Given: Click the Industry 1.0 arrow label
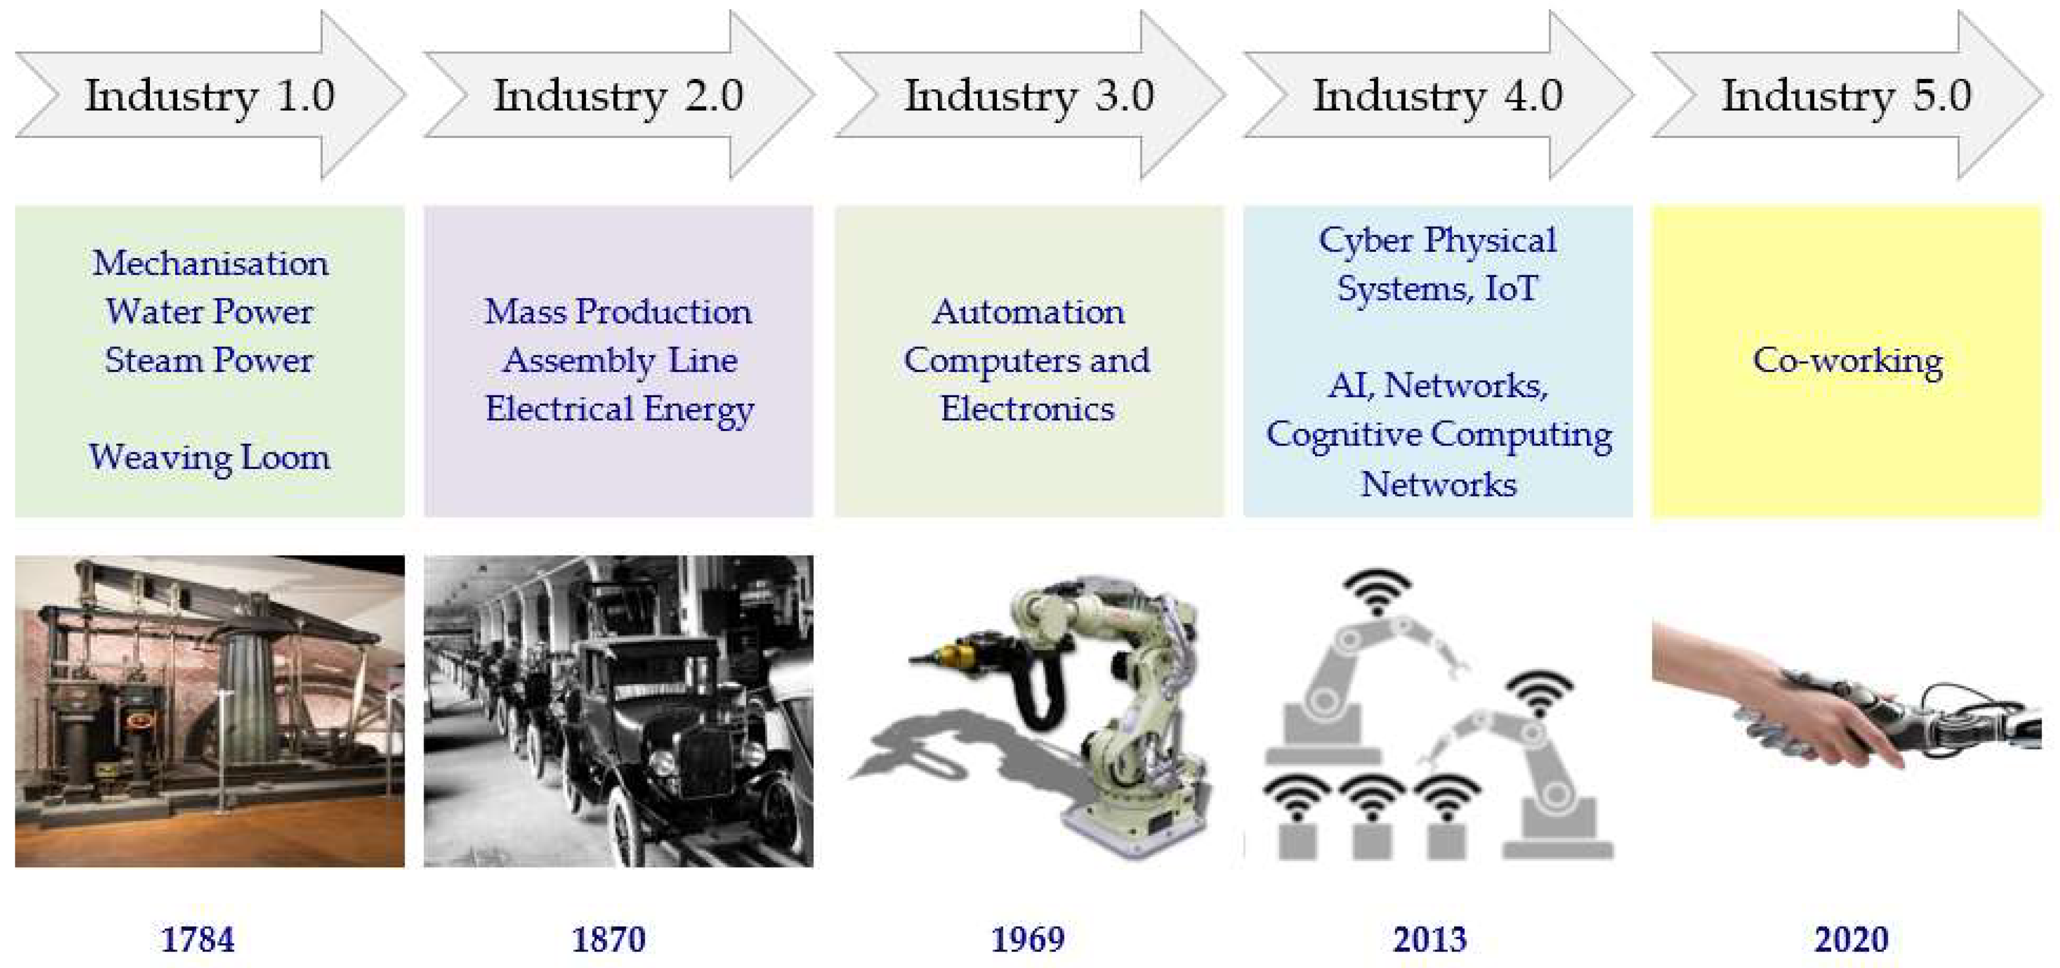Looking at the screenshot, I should [x=209, y=96].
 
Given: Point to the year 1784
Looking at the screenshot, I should [x=197, y=939].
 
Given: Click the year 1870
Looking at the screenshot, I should [x=609, y=939].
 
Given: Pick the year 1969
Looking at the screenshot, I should [x=1028, y=939].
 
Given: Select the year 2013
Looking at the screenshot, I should [x=1430, y=939].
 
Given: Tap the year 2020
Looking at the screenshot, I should [x=1851, y=939].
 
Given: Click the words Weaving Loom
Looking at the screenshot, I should [x=209, y=457].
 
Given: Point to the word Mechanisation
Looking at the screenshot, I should [x=209, y=263].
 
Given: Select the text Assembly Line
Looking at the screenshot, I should [x=620, y=361].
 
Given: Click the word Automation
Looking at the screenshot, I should [x=1028, y=312].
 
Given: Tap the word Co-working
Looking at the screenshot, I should [x=1847, y=361].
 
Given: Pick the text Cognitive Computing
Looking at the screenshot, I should [x=1438, y=435].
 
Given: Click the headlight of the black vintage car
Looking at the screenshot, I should [x=664, y=760].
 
